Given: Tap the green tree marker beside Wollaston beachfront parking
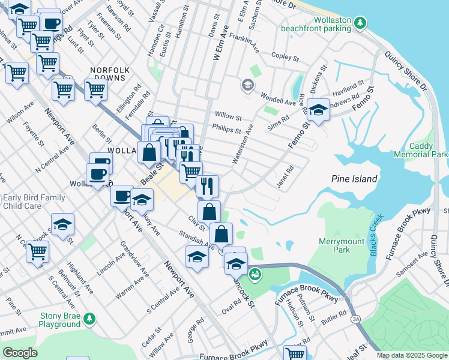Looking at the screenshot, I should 360,23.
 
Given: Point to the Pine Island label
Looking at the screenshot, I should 354,179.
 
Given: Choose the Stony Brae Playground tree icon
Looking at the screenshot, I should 89,317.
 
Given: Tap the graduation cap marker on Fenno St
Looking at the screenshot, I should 318,109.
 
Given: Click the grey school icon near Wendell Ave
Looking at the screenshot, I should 247,85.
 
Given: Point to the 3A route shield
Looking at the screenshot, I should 356,318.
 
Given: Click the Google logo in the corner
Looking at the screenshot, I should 20,353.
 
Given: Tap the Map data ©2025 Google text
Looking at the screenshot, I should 411,355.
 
